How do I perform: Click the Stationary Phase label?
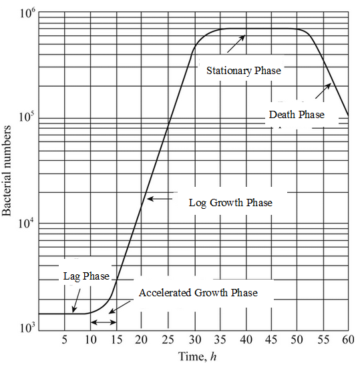pos(243,71)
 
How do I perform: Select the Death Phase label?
pos(297,115)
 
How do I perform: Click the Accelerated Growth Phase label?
pos(198,293)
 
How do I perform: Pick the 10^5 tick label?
pos(26,118)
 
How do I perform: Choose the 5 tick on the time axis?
pos(64,339)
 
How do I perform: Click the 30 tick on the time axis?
pos(194,339)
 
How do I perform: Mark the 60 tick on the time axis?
pos(347,339)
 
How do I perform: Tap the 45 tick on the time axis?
pos(271,339)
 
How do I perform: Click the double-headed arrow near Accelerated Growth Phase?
pos(103,322)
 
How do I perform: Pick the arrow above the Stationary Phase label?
pos(236,43)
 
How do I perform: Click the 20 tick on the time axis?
pos(142,339)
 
